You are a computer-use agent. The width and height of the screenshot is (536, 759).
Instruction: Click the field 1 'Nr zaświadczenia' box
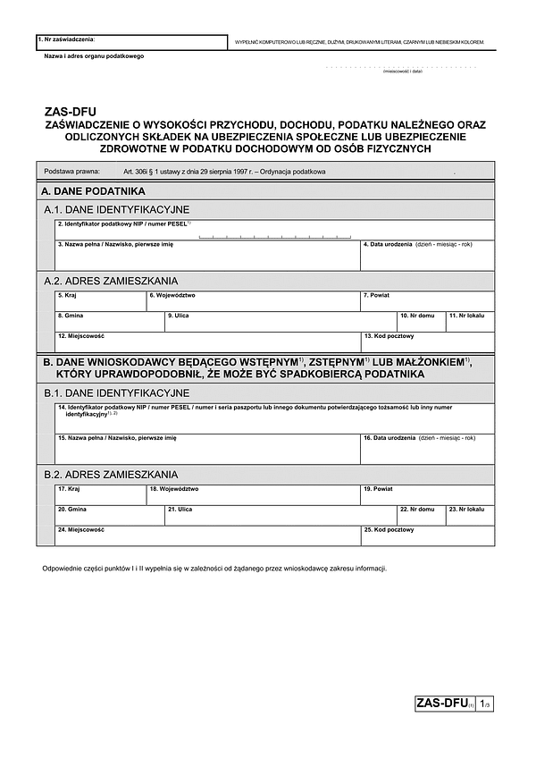pos(131,42)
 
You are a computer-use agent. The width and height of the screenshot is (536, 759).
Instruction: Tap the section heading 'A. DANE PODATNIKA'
pos(93,191)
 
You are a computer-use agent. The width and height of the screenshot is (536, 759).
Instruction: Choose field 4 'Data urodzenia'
pos(427,256)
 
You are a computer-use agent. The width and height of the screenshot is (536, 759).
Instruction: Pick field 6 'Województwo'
pos(253,300)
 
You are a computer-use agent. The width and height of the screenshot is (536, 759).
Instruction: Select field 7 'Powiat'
pos(427,300)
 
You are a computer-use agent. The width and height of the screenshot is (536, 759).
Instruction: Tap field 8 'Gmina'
pos(110,321)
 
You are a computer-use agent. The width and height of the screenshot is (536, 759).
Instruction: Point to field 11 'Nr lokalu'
pos(470,321)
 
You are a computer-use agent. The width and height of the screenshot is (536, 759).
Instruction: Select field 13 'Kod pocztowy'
pos(427,342)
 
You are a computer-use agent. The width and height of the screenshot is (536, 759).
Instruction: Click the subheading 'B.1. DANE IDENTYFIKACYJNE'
pos(116,392)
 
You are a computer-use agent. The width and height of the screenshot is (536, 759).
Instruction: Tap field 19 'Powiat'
pos(427,494)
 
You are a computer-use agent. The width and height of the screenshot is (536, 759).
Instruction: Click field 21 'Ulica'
pos(281,515)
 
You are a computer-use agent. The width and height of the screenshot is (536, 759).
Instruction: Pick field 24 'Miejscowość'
pos(207,536)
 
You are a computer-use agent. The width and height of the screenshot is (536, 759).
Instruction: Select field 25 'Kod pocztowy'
pos(427,536)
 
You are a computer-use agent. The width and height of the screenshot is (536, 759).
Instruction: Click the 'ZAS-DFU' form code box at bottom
pos(443,704)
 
